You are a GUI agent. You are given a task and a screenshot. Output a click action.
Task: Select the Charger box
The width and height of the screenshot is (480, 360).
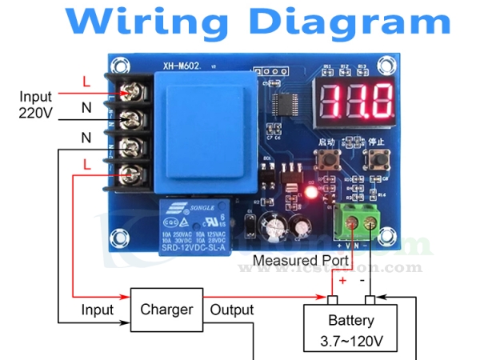point(166,310)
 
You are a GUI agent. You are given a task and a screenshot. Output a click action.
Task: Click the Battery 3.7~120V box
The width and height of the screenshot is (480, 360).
point(351,331)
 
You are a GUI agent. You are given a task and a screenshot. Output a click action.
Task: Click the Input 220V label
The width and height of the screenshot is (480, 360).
point(35,105)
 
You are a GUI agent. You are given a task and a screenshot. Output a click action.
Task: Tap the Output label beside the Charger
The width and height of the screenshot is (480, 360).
point(231,310)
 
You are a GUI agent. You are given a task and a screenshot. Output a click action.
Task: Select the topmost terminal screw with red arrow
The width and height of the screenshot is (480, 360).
point(130,94)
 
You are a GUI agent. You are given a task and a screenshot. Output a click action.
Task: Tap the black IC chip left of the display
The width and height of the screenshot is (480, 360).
point(286,104)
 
